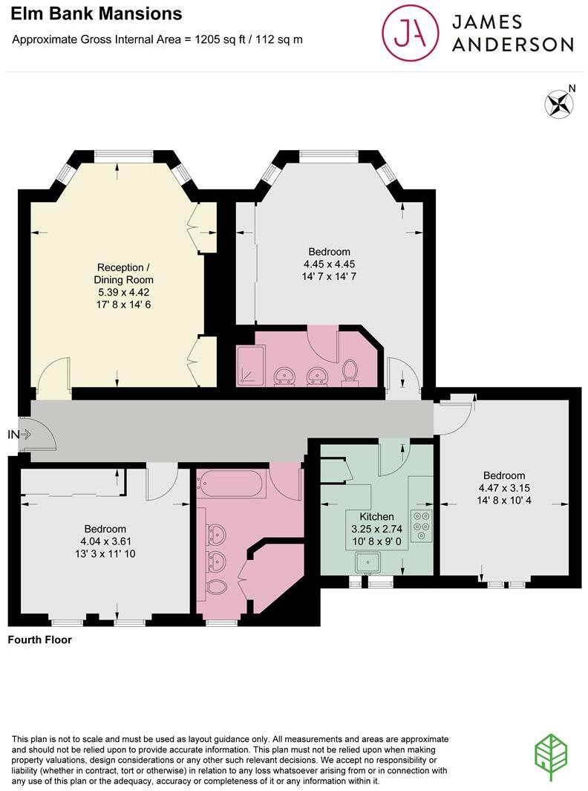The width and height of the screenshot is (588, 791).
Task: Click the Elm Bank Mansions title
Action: (97, 13)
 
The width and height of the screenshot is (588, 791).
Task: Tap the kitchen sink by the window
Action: (368, 564)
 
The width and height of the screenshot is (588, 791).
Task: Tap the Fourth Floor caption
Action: (39, 639)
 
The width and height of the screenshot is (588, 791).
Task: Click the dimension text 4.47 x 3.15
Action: (503, 488)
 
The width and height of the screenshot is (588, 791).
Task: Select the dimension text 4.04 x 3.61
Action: (104, 541)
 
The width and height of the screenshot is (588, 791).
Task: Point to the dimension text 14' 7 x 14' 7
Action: (330, 276)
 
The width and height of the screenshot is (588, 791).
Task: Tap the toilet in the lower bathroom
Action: (215, 587)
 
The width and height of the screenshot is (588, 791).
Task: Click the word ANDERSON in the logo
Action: (512, 45)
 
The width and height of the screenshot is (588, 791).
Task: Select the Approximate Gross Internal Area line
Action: (157, 39)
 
